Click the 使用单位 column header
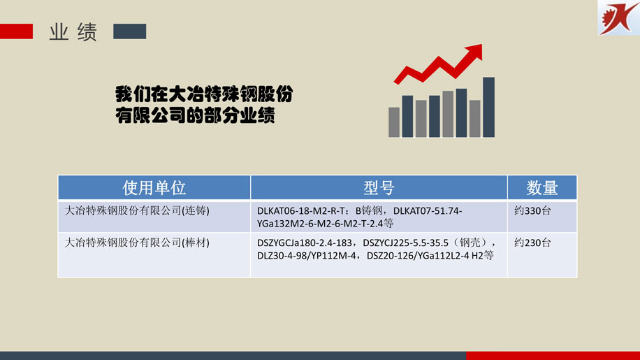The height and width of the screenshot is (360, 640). click(x=154, y=188)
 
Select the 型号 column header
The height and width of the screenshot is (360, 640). click(x=379, y=188)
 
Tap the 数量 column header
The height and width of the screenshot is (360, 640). click(x=542, y=188)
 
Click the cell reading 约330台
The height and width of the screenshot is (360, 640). click(x=532, y=210)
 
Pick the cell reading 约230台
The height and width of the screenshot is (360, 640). click(x=532, y=243)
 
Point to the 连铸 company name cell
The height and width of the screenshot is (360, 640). click(x=137, y=210)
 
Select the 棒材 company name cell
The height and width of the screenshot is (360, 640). click(x=137, y=243)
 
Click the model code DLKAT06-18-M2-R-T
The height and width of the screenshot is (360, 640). click(x=301, y=211)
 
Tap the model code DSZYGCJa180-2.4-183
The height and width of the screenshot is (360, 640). click(x=305, y=243)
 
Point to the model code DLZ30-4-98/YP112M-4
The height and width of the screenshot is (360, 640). click(x=307, y=256)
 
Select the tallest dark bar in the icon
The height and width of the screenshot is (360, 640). click(x=488, y=107)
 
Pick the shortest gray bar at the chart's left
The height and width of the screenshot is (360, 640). click(x=394, y=122)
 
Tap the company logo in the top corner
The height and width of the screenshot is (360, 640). click(x=619, y=17)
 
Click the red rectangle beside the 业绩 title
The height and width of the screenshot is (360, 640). click(x=16, y=31)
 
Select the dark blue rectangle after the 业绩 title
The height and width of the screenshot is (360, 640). click(x=130, y=31)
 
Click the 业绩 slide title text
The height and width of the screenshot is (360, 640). click(x=73, y=32)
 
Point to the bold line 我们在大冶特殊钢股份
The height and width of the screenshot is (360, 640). click(x=204, y=94)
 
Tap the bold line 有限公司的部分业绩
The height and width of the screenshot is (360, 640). click(x=195, y=115)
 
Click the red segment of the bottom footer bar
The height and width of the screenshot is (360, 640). click(x=553, y=356)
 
